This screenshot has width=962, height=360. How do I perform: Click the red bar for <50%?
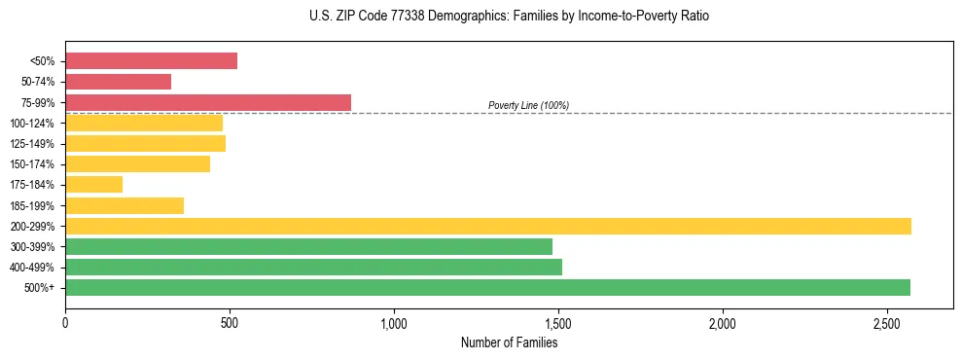pos(151,60)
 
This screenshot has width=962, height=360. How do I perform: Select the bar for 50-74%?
pos(118,82)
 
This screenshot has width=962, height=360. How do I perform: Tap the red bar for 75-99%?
pos(208,102)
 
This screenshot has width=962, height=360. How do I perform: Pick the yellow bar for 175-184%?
pos(93,184)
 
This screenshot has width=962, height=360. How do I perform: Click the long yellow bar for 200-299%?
pos(487,226)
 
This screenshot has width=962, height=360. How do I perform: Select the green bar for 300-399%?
pos(308,246)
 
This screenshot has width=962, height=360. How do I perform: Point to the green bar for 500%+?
pos(487,287)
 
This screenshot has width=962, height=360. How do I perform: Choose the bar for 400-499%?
pos(313,267)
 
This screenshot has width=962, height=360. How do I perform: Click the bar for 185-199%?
pos(125,205)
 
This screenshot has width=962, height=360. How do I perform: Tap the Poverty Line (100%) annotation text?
pos(528,105)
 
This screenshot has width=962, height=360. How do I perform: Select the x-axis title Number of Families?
pos(509,342)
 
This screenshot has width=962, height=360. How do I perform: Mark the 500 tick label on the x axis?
pos(230,322)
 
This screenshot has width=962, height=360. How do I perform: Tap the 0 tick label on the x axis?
pos(65,322)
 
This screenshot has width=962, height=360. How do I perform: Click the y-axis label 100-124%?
pos(33,124)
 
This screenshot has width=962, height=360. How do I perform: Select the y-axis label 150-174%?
pos(33,164)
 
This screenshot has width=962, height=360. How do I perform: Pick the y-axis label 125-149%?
pos(33,144)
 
